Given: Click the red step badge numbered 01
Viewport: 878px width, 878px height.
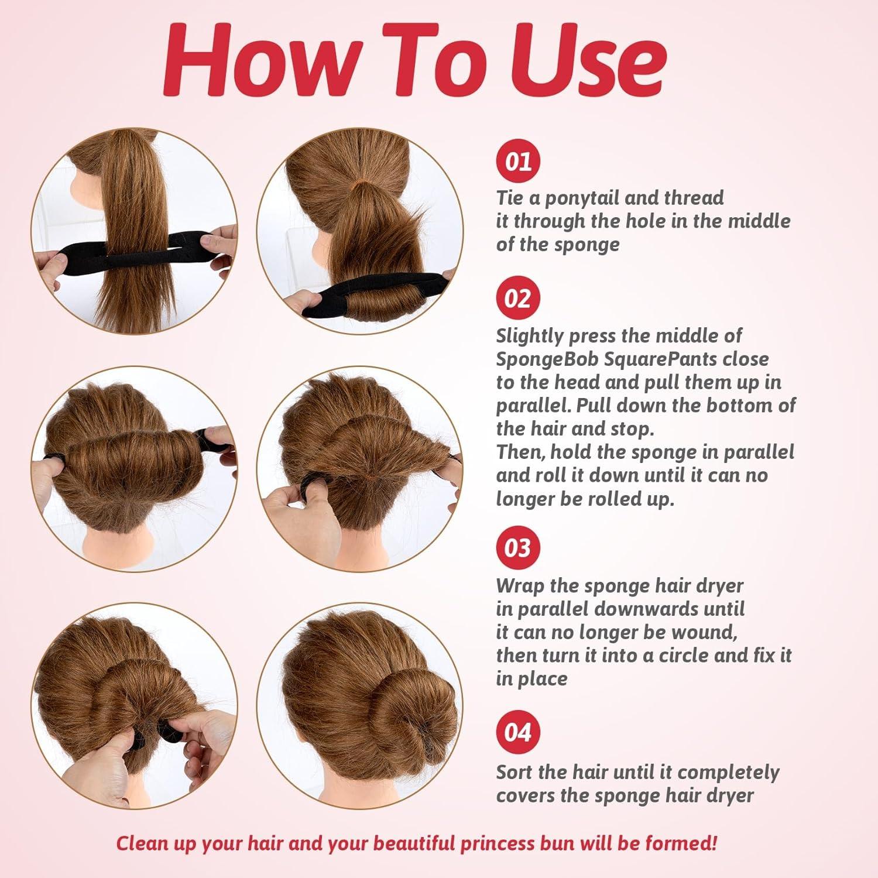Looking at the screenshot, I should [518, 161].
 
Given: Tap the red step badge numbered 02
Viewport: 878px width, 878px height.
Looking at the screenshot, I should [518, 299].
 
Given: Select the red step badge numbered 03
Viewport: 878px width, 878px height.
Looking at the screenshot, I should [518, 548].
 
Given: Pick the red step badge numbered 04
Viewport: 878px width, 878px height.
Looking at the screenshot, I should [518, 732].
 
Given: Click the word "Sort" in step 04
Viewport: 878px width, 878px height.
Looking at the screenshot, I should [515, 772].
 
